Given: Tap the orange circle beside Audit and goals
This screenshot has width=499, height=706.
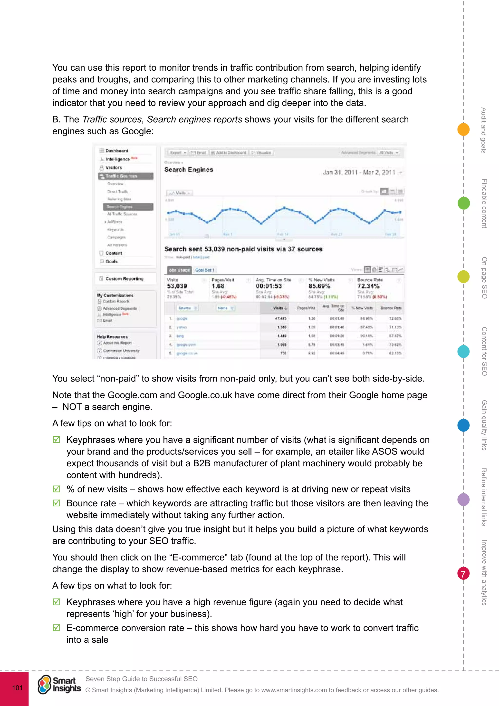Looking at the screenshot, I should pos(463,129).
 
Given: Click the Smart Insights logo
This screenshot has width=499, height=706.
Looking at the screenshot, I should pos(59,685).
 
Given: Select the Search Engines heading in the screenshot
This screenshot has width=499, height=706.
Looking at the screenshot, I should pos(189,170).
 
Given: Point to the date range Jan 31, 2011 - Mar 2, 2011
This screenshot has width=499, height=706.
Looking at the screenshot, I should pos(359,173).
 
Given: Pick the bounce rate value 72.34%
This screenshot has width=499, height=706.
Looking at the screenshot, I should pos(368,286).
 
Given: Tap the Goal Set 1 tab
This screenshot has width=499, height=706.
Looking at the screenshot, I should pos(205,270).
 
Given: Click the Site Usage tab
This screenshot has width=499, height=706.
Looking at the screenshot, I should pos(179,270).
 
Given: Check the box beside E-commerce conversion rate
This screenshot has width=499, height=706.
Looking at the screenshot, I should pos(57,628).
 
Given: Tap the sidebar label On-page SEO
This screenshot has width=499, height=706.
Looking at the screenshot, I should pos(484,278).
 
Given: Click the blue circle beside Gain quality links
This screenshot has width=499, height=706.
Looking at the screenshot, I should pos(463,425).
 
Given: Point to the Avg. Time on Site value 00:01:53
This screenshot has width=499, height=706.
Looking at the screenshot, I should pos(269,286).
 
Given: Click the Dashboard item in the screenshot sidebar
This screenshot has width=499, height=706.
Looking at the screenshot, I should pos(117,151).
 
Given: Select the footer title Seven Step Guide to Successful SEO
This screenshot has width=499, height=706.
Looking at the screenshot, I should pos(141,679).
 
